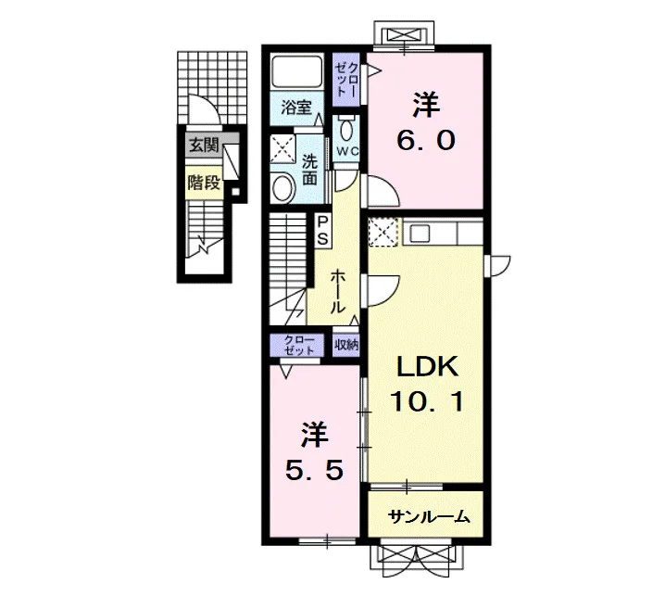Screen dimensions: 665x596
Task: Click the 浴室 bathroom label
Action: point(296,108)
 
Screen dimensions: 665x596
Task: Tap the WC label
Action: point(347,151)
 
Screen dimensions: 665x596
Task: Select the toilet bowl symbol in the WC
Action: point(346,129)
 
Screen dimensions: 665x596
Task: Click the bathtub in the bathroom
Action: point(296,71)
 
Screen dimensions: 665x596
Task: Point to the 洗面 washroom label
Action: point(309,170)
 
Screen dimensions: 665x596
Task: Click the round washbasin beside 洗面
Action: point(283,189)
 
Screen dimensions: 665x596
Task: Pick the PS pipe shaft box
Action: point(322,231)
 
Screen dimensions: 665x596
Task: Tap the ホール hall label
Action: point(337,291)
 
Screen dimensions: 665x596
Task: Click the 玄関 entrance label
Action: point(204,146)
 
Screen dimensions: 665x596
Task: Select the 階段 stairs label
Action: point(205,183)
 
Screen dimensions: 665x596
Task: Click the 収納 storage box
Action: point(345,345)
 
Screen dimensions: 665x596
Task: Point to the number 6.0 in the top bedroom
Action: point(426,141)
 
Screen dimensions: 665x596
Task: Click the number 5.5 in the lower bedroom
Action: point(314,470)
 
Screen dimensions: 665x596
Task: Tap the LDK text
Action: point(427,368)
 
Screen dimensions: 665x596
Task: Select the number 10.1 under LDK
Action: point(427,401)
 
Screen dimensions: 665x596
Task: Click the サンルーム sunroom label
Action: point(428,516)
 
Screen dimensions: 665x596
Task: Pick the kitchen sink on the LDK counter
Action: point(419,233)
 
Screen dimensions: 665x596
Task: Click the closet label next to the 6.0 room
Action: point(346,80)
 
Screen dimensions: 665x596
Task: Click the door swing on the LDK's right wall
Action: point(499,266)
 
